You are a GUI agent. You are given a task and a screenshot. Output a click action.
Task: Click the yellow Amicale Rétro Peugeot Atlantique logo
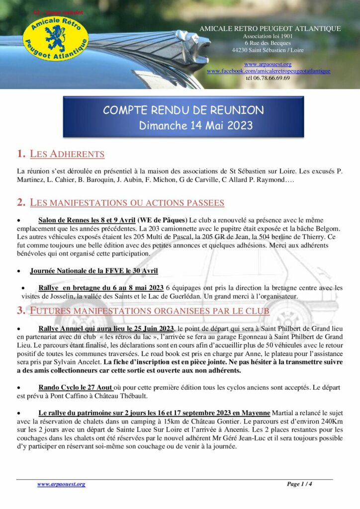pyautogui.click(x=56, y=38)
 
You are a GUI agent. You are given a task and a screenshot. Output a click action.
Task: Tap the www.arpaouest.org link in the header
pyautogui.click(x=268, y=64)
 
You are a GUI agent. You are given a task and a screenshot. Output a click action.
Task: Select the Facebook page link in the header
pyautogui.click(x=269, y=71)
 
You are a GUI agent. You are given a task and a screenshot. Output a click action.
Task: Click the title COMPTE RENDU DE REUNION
pyautogui.click(x=183, y=110)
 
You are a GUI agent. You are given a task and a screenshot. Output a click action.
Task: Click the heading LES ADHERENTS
pyautogui.click(x=67, y=154)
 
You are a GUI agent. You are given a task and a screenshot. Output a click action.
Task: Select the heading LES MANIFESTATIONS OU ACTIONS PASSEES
pyautogui.click(x=127, y=202)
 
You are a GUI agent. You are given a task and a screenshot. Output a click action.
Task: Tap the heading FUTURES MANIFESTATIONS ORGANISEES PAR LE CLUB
pyautogui.click(x=150, y=311)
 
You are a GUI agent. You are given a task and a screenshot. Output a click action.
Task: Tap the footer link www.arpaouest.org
pyautogui.click(x=61, y=484)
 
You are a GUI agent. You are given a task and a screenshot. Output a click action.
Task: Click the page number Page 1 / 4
pyautogui.click(x=299, y=484)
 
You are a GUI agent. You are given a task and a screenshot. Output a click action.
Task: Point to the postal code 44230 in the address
pyautogui.click(x=242, y=50)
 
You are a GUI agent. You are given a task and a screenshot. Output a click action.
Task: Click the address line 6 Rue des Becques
pyautogui.click(x=268, y=43)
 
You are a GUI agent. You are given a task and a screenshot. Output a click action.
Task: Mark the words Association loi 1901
pyautogui.click(x=268, y=36)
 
